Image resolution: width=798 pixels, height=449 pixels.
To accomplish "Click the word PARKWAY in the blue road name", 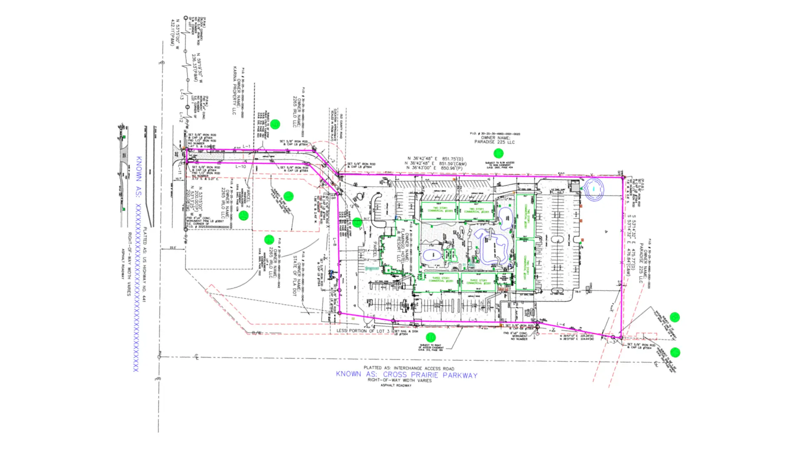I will (x=460, y=375).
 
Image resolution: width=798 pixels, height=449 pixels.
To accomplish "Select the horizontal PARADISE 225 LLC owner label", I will (x=495, y=142).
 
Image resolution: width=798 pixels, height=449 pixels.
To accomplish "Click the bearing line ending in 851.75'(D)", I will (x=435, y=159).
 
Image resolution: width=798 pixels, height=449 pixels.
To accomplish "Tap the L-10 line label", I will (x=241, y=167).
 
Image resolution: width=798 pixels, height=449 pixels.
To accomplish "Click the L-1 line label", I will (x=246, y=146).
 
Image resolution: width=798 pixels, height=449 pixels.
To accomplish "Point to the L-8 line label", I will (x=335, y=242).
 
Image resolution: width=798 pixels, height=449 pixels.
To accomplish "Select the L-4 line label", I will (x=561, y=324).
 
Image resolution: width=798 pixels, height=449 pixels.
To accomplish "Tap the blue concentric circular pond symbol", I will (x=594, y=189).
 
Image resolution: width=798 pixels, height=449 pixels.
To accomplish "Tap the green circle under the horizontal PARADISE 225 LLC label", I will (x=498, y=153).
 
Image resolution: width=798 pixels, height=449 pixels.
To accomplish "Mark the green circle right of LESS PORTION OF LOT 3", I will (x=431, y=337).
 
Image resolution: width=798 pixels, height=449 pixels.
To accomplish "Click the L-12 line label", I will (x=181, y=117).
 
